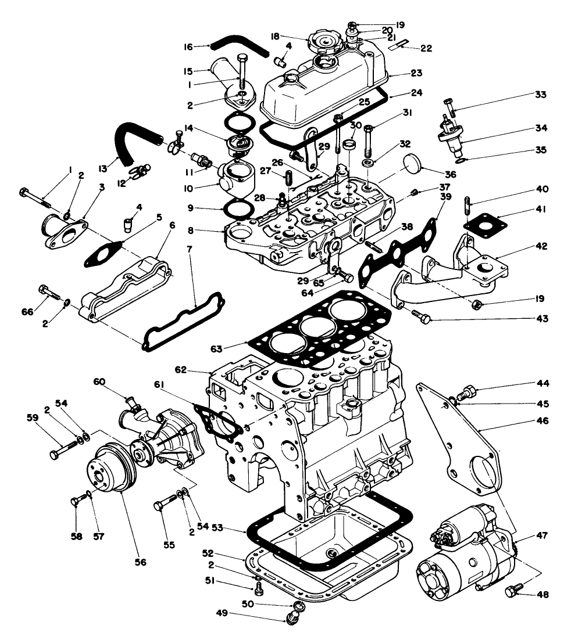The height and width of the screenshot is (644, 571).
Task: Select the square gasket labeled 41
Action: pyautogui.click(x=482, y=224)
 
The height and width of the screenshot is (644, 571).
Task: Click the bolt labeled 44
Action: pyautogui.click(x=467, y=391)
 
